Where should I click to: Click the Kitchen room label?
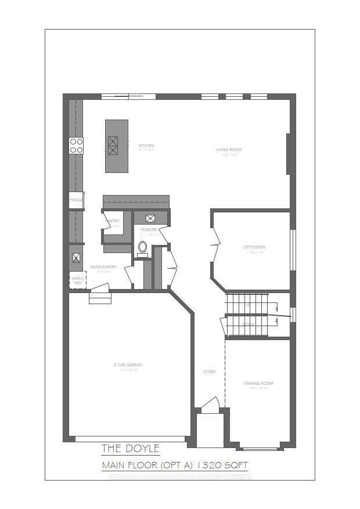pyautogui.click(x=146, y=145)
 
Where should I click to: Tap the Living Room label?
pyautogui.click(x=229, y=150)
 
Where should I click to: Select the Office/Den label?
pyautogui.click(x=254, y=247)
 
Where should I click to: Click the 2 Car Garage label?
pyautogui.click(x=128, y=365)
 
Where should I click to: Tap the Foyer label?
pyautogui.click(x=209, y=372)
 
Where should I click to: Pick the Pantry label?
pyautogui.click(x=112, y=221)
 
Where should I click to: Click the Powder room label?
pyautogui.click(x=149, y=230)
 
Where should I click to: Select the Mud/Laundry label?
pyautogui.click(x=104, y=267)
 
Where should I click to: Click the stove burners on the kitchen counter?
pyautogui.click(x=76, y=145)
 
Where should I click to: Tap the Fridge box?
pyautogui.click(x=76, y=200)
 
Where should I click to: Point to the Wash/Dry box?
pyautogui.click(x=77, y=280)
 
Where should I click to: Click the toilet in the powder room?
pyautogui.click(x=142, y=247)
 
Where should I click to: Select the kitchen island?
pyautogui.click(x=116, y=146)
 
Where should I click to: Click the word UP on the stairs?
pyautogui.click(x=248, y=305)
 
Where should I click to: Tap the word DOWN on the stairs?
pyautogui.click(x=248, y=324)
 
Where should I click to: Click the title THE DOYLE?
pyautogui.click(x=130, y=449)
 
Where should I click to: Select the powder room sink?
pyautogui.click(x=150, y=218)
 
